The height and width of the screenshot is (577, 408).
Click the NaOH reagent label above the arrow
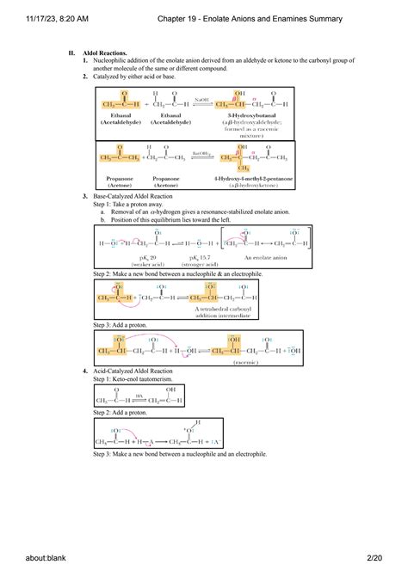click(x=201, y=100)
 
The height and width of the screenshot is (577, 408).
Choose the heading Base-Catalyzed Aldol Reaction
click(x=128, y=197)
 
